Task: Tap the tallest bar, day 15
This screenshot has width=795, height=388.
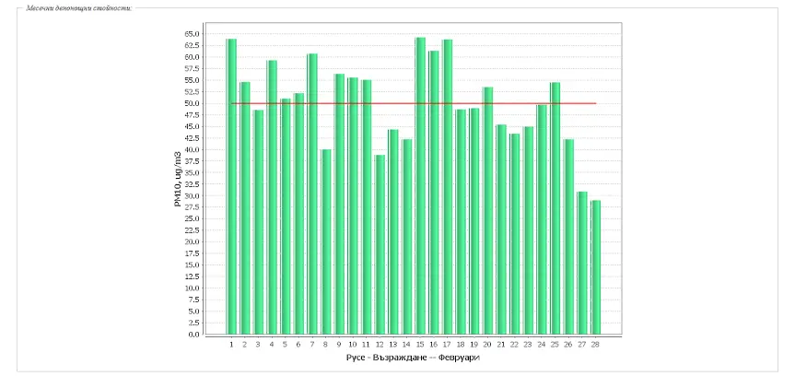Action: point(420,185)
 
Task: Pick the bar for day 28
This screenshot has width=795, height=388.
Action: point(595,267)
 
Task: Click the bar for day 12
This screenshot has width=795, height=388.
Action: point(380,244)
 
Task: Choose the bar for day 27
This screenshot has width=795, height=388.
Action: point(581,263)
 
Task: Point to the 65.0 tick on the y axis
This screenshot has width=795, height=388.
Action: point(193,34)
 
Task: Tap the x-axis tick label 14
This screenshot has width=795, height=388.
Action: point(406,345)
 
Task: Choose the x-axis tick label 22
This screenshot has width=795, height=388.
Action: point(514,345)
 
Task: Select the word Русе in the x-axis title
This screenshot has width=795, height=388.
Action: point(356,358)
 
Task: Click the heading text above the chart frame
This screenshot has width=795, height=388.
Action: point(79,7)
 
